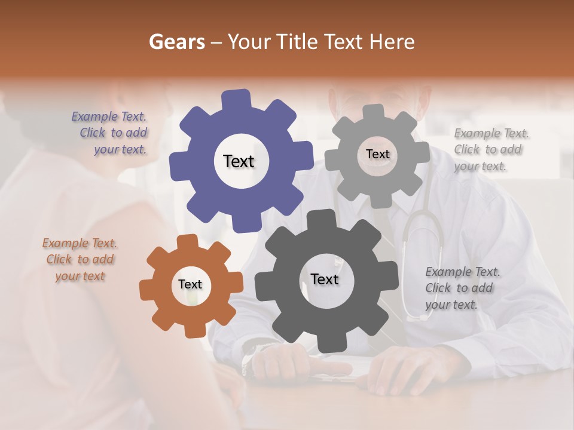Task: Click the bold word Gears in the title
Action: pos(176,42)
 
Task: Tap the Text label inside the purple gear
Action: pos(239,161)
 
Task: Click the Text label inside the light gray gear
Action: pos(377,154)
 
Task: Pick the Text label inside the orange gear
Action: pos(190,285)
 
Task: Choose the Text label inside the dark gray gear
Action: pos(325,279)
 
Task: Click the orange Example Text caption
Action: pos(80,260)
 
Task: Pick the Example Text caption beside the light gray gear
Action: pos(490,149)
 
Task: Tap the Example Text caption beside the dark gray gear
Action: pos(462,288)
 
